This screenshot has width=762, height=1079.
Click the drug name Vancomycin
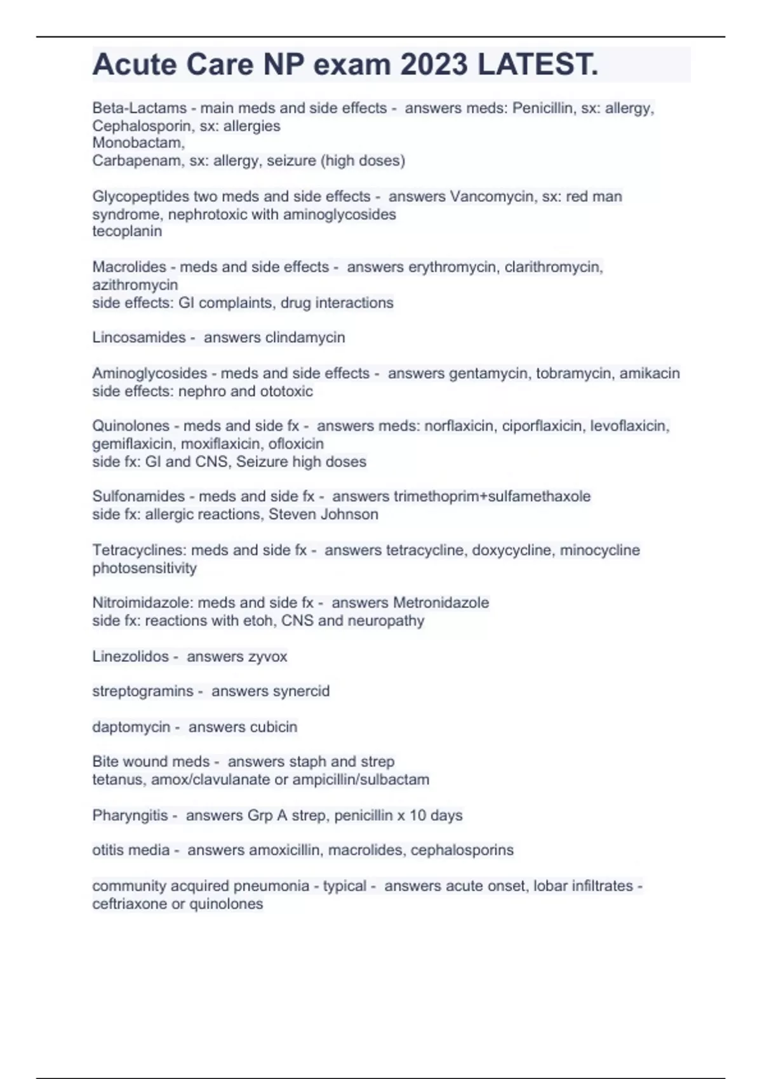[x=493, y=197]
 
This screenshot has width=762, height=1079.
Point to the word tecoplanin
[x=127, y=232]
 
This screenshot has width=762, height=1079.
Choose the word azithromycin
[x=135, y=285]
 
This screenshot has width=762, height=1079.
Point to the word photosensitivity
[x=144, y=568]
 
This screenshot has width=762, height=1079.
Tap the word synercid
[x=301, y=691]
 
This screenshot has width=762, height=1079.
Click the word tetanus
[x=119, y=779]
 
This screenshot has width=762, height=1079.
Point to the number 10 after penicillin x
[x=418, y=815]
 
